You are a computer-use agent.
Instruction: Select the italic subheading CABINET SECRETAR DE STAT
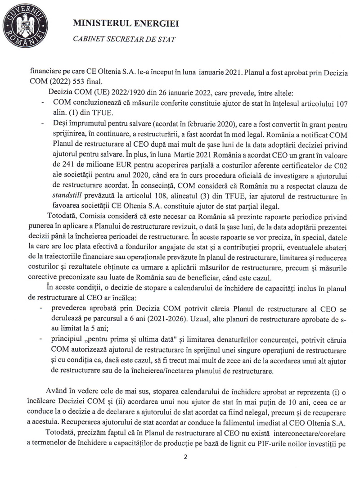124,39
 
